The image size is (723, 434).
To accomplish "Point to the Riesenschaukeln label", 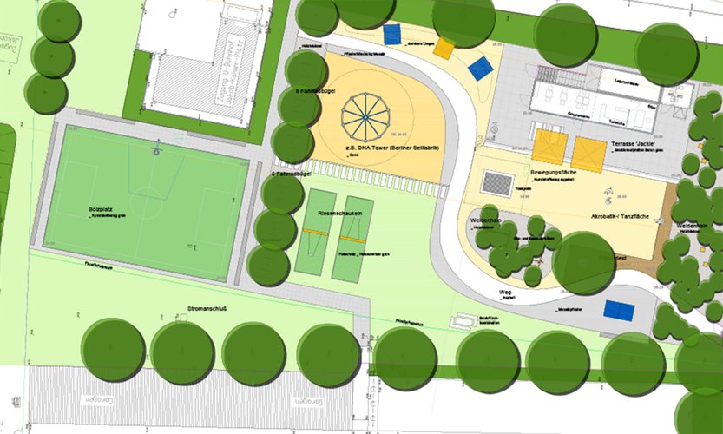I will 334,213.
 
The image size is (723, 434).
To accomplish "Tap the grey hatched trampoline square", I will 497,183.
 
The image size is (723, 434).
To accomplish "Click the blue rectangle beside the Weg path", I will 619,310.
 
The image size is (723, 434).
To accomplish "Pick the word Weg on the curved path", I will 505,293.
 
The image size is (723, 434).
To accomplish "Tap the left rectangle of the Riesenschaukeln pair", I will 312,234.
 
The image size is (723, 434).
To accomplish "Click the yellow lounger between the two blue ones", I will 444,48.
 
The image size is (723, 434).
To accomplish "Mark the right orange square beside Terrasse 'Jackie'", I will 588,153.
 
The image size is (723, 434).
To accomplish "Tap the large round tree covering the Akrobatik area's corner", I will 583,262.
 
